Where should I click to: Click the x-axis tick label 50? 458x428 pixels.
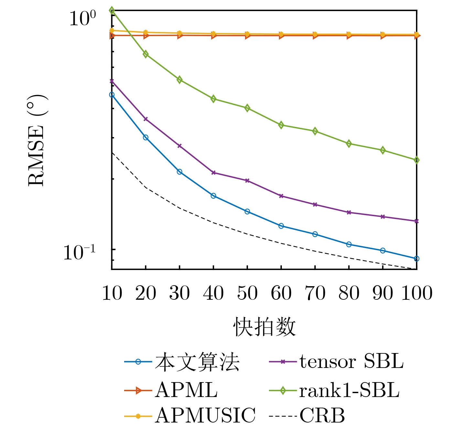point(247,293)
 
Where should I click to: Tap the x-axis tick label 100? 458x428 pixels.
point(417,293)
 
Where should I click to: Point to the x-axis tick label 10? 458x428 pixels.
point(112,293)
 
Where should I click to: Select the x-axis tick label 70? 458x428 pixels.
point(315,293)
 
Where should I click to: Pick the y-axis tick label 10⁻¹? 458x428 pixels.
point(80,253)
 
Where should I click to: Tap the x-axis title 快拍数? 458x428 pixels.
point(264,327)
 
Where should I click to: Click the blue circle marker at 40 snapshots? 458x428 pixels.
point(213,196)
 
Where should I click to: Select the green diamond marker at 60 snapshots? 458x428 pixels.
point(281,125)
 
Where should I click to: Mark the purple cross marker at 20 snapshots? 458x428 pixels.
point(146,119)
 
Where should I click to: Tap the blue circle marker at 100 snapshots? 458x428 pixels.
point(417,258)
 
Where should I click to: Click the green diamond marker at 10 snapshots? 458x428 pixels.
point(112,10)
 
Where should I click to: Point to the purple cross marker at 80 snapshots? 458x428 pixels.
point(349,212)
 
